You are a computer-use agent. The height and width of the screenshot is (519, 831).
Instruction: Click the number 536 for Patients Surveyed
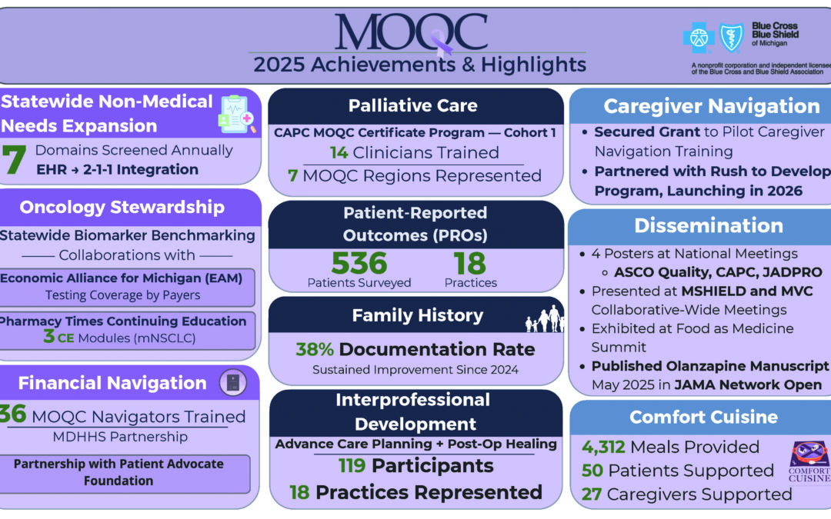coord(359,264)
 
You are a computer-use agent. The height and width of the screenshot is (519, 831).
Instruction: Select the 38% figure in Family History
coord(315,350)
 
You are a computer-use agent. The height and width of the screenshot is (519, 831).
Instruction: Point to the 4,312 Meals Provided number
coord(602,447)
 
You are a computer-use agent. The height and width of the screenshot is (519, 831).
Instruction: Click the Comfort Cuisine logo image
coord(809,462)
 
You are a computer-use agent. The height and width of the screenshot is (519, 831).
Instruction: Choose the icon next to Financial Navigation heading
coord(232,382)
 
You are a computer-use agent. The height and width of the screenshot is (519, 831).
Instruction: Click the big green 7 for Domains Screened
coord(14,160)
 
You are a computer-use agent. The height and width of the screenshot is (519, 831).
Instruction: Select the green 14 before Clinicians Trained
coord(339,152)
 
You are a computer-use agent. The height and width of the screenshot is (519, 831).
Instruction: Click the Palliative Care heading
coord(412,106)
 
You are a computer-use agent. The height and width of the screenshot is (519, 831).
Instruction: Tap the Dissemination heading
coord(709,225)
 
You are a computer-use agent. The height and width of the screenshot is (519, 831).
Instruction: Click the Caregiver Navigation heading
coord(712,106)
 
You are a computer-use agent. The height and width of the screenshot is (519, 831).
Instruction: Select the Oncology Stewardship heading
coord(122,207)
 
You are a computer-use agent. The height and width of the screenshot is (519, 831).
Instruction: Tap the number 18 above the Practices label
coord(470,264)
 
